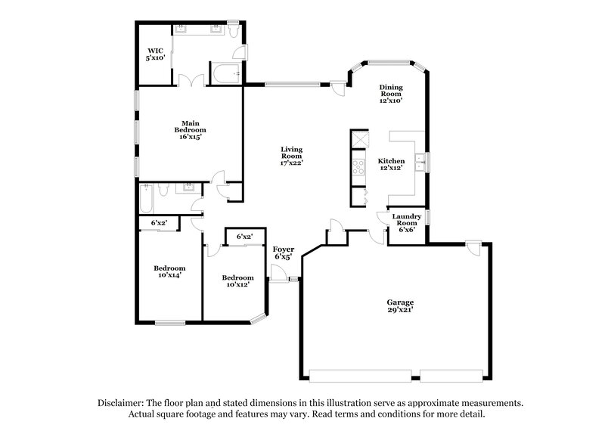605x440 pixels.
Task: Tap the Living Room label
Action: click(291, 153)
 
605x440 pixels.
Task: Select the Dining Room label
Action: click(391, 93)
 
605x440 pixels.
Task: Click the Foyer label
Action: click(283, 253)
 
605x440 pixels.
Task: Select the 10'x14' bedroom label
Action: click(169, 271)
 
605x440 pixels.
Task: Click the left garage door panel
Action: click(359, 374)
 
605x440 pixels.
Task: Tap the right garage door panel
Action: click(451, 374)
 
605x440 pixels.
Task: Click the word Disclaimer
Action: click(123, 403)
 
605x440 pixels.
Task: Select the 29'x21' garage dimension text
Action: click(401, 309)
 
